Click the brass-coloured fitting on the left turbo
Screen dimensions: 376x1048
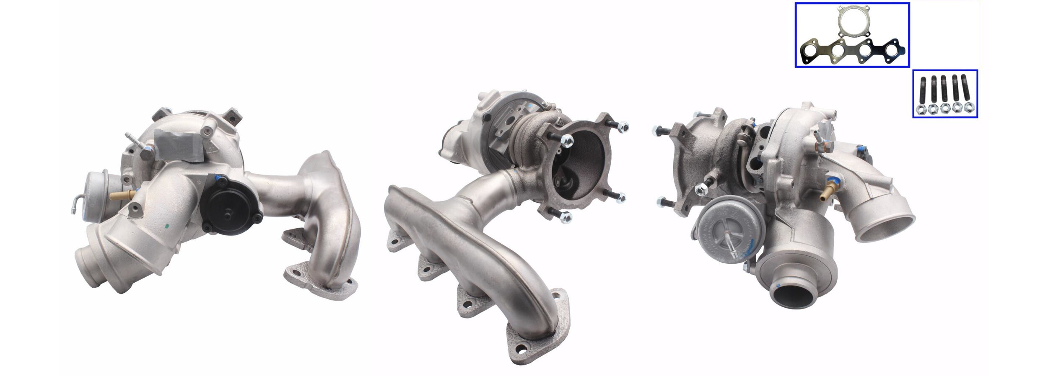coord(122,195)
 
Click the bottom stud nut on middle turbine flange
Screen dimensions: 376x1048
coord(565,217)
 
